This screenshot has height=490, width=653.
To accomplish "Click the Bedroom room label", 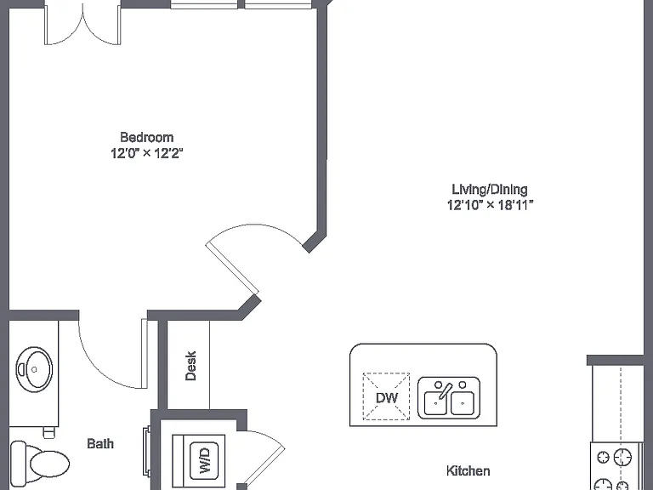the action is (146, 137).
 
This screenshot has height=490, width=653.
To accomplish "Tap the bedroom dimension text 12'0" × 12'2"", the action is (146, 153).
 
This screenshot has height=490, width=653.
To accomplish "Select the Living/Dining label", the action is (490, 189).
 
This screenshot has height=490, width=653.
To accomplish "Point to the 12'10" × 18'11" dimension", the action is (490, 205).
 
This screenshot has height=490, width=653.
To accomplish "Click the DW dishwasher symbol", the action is (387, 396).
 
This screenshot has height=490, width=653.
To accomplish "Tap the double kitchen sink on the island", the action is (449, 398).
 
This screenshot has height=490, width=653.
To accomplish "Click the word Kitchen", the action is (468, 470).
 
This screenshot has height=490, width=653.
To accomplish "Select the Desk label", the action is (190, 366).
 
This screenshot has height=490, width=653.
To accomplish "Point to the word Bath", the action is (100, 444).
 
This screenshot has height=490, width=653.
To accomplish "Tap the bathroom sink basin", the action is (34, 369).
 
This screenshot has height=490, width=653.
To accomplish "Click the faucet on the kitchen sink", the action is (445, 390).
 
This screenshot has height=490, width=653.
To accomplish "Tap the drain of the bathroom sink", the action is (34, 369).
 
